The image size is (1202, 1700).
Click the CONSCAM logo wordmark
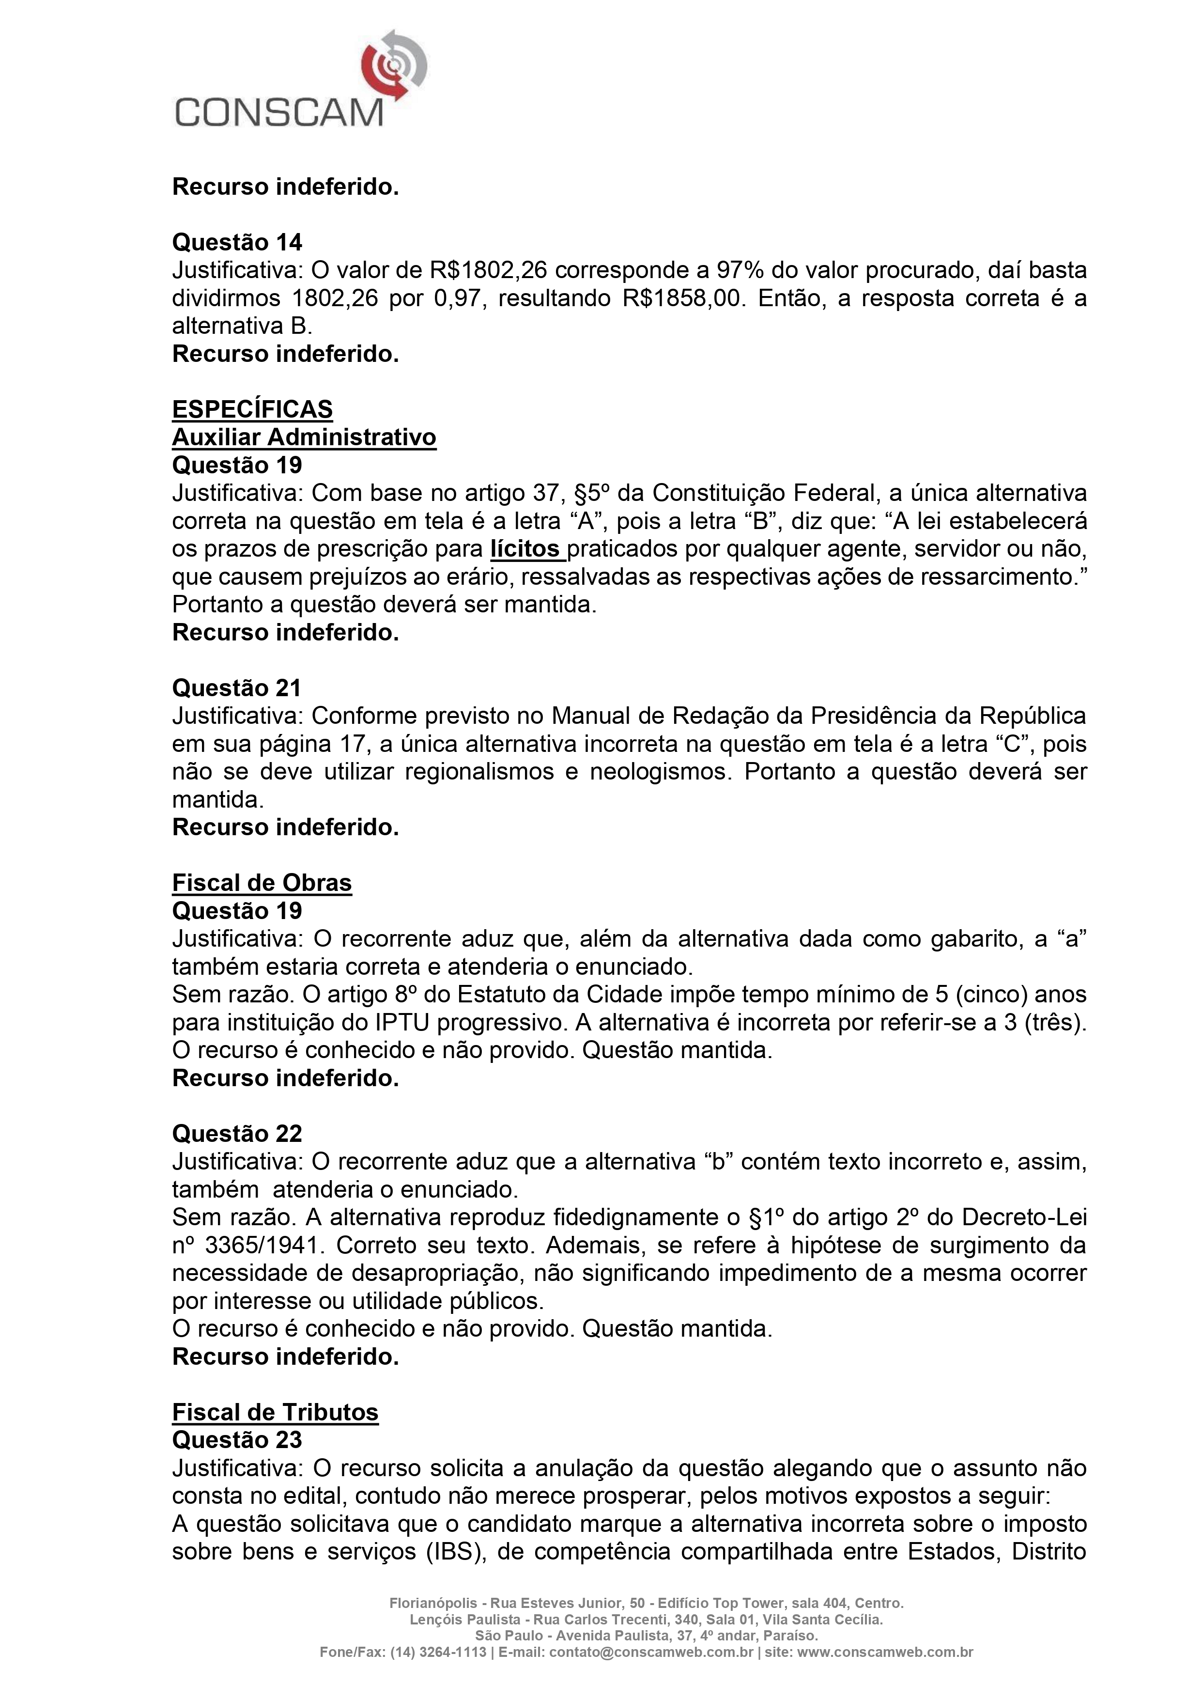click(x=279, y=113)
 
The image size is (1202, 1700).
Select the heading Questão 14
click(x=237, y=242)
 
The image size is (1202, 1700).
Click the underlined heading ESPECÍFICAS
click(x=252, y=409)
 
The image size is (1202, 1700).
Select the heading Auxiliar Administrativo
click(x=304, y=437)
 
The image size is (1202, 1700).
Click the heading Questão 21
click(x=237, y=688)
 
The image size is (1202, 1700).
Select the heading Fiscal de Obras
click(x=262, y=883)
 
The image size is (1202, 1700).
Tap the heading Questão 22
click(x=237, y=1134)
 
